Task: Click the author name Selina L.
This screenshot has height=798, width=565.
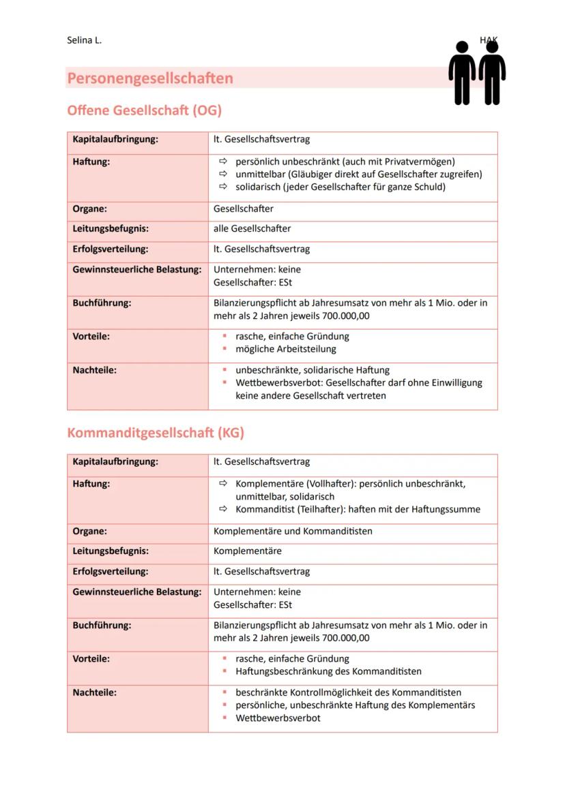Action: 84,40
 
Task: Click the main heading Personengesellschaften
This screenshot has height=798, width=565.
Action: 150,78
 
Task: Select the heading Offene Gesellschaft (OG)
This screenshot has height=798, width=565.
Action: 144,110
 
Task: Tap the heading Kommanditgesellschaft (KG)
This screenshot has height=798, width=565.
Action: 156,433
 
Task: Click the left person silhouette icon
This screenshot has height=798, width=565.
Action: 462,74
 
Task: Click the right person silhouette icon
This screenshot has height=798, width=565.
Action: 491,74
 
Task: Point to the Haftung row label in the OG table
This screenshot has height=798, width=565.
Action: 91,162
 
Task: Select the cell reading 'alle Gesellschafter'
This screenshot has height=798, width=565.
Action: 252,228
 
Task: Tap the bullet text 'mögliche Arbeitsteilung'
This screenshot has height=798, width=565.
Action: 286,349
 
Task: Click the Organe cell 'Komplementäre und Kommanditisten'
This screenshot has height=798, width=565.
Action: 293,531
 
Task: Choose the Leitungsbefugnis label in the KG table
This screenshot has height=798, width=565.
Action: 111,551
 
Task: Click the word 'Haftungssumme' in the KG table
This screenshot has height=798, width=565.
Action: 447,509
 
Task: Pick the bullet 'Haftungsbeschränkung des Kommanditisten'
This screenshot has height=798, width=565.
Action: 328,671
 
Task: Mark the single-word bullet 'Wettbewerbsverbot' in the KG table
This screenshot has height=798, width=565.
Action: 278,718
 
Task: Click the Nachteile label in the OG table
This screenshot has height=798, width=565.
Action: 95,370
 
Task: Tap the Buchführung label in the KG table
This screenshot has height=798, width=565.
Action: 102,625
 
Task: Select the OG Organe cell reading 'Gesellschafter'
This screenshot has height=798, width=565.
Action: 244,209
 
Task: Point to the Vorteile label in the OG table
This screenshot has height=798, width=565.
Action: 91,336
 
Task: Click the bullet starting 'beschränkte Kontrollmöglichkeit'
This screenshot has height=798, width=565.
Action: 348,692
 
